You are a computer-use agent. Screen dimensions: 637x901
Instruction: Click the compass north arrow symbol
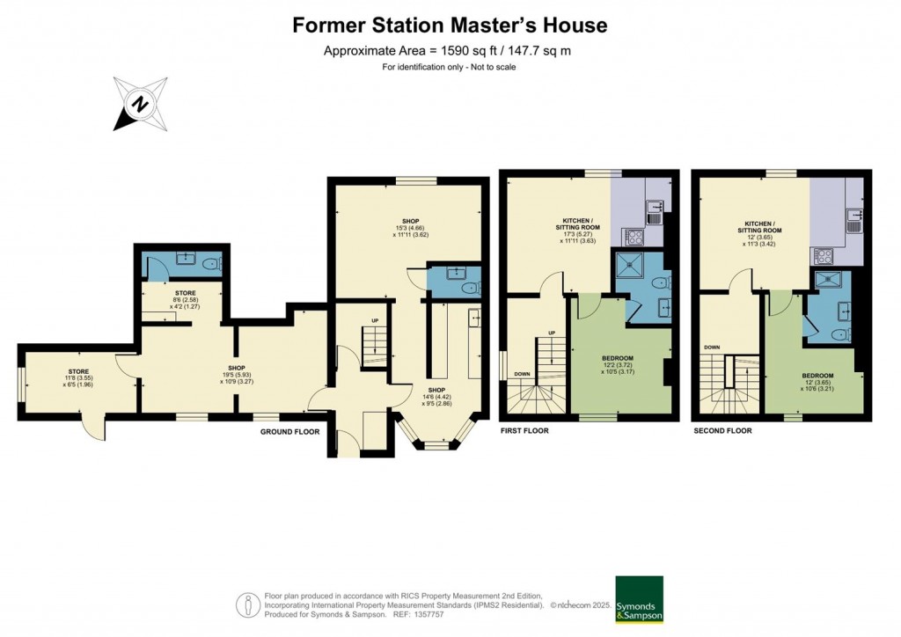(139, 104)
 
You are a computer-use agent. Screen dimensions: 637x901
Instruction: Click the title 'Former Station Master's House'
(450, 25)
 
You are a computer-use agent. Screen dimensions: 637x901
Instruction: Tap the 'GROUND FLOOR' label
(289, 432)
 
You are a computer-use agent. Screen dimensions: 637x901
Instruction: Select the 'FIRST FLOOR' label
(524, 431)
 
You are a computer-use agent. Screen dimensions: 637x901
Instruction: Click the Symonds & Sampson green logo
(638, 600)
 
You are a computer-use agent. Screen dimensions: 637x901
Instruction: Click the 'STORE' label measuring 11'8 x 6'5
(77, 371)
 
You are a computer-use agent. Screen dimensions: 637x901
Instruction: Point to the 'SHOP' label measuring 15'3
(409, 221)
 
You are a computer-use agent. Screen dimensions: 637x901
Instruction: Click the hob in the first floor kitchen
(633, 235)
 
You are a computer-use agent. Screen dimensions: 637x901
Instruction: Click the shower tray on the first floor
(630, 264)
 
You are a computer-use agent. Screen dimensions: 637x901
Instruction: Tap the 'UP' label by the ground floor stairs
(374, 319)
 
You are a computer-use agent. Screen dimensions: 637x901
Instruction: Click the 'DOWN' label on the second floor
(711, 348)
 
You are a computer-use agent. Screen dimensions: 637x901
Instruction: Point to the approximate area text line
(447, 50)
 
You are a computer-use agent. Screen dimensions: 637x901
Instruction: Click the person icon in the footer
(245, 606)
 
